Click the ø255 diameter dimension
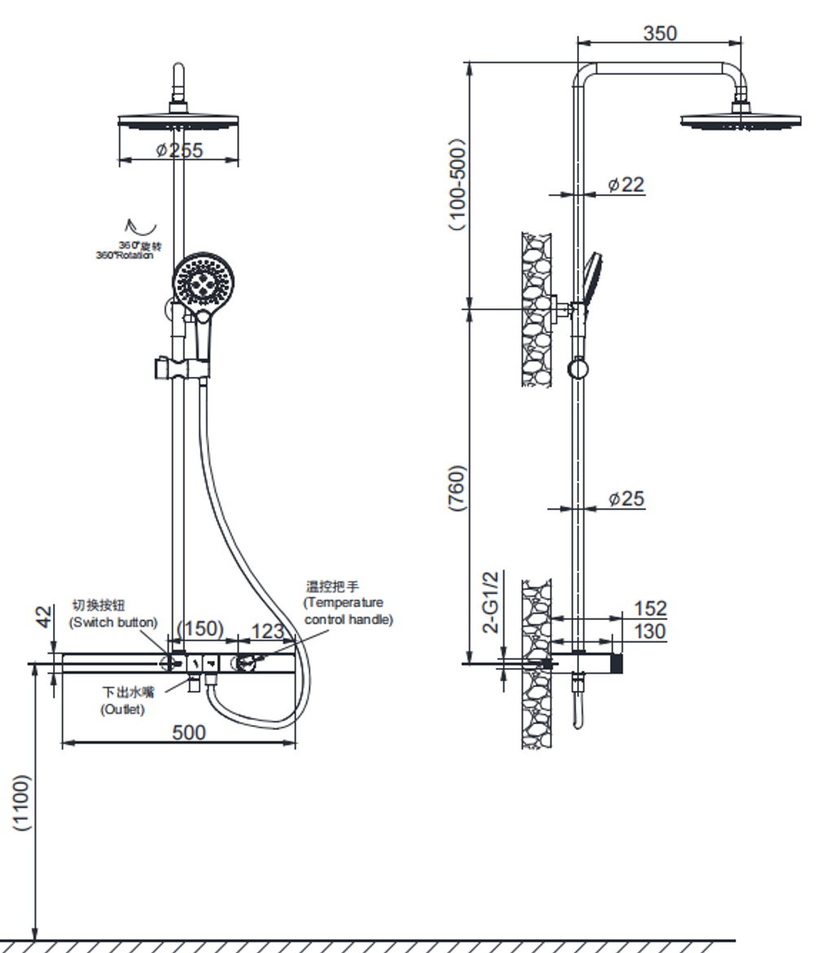pyautogui.click(x=180, y=150)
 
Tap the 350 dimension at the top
pyautogui.click(x=660, y=33)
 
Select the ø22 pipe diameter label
pyautogui.click(x=625, y=185)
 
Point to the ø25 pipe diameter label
pyautogui.click(x=625, y=498)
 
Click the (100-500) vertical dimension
pyautogui.click(x=459, y=185)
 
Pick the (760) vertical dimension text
pyautogui.click(x=459, y=487)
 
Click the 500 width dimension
pyautogui.click(x=188, y=732)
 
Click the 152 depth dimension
pyautogui.click(x=649, y=609)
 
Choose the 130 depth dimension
pyautogui.click(x=649, y=632)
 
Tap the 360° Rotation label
pyautogui.click(x=129, y=250)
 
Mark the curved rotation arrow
pyautogui.click(x=131, y=227)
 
